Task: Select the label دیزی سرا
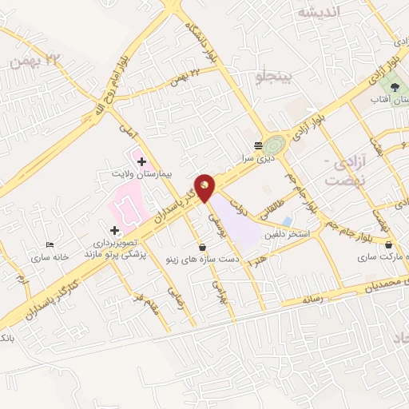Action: pos(257,158)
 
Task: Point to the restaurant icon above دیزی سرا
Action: pos(257,145)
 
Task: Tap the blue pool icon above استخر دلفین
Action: pos(286,220)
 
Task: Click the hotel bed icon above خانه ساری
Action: pos(50,245)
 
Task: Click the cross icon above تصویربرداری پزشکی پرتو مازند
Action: pos(114,230)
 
